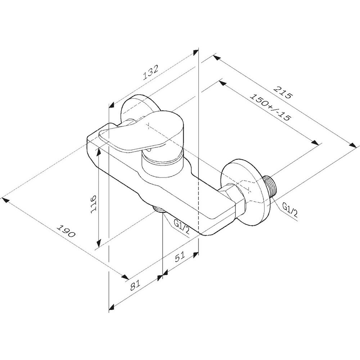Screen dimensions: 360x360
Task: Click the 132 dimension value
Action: [x=150, y=72]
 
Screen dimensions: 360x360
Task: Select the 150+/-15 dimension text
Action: [x=270, y=107]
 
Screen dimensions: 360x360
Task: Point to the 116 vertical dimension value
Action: [x=94, y=204]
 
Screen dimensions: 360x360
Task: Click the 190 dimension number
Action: [x=66, y=231]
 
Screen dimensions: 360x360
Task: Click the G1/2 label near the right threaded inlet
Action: [x=290, y=210]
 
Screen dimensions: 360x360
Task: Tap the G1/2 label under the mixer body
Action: [x=181, y=226]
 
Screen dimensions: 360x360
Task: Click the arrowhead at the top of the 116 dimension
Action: [x=99, y=151]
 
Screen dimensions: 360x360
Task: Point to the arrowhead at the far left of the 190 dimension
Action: [x=6, y=200]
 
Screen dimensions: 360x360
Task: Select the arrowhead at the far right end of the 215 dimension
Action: [x=353, y=145]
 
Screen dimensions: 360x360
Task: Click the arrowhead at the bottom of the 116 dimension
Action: [x=99, y=243]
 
